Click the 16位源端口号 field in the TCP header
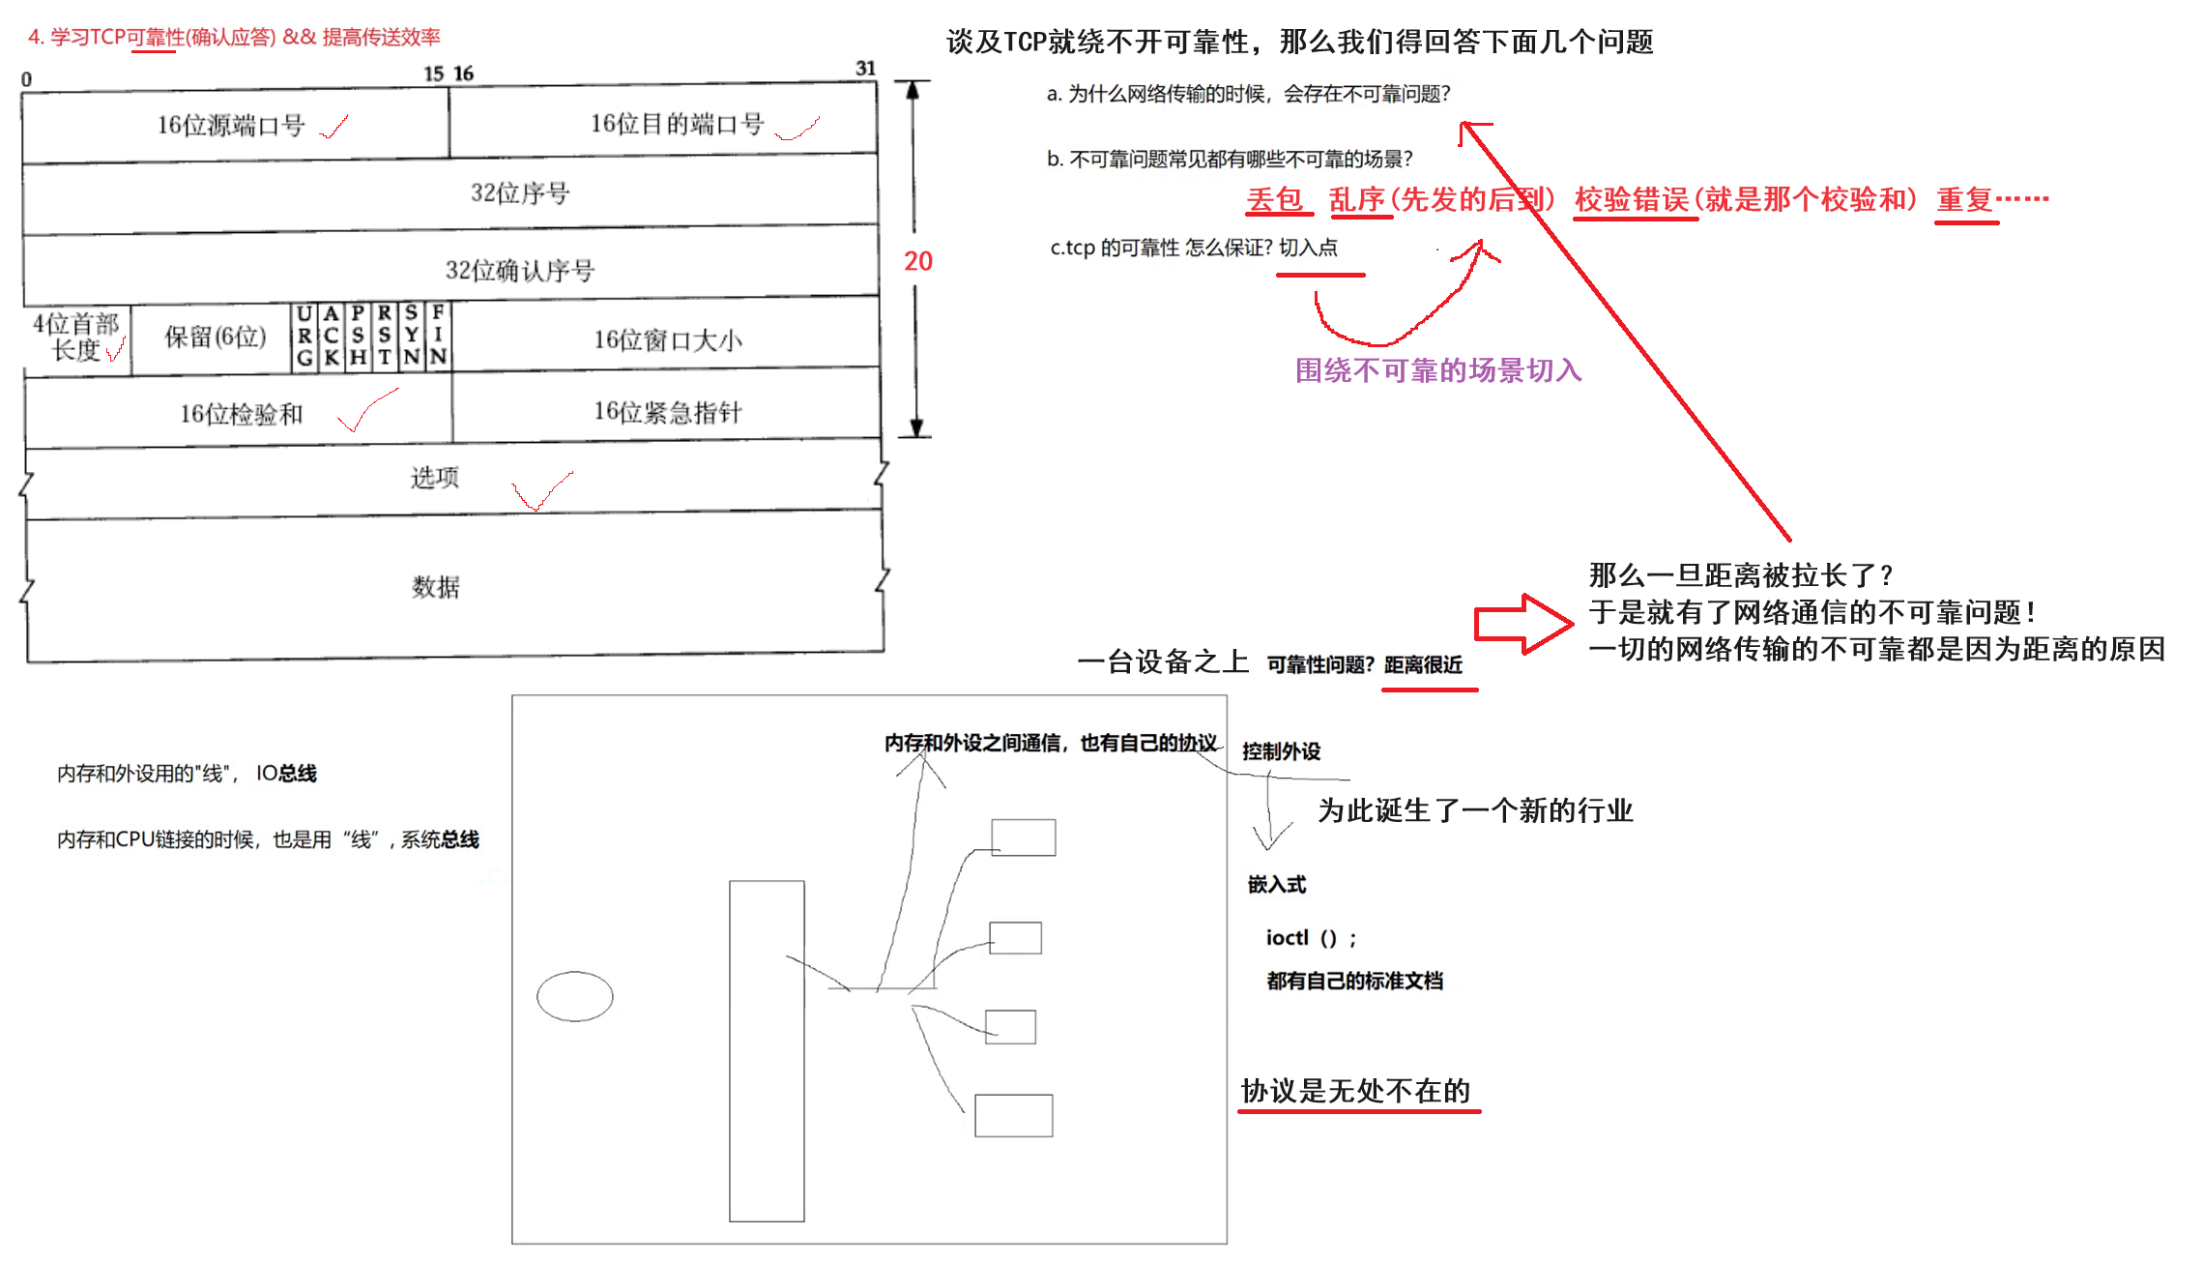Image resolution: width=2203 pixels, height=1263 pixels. tap(231, 126)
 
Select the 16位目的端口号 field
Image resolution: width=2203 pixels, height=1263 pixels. tap(677, 124)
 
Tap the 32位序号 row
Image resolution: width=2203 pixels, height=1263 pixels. tap(520, 193)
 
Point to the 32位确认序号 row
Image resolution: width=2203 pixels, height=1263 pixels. tap(519, 270)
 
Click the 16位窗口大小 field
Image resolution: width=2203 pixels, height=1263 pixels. tap(667, 339)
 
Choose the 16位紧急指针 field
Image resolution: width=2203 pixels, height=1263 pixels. tap(667, 412)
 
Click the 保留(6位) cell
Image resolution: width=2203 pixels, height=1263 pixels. tap(215, 337)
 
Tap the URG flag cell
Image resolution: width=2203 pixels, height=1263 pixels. tap(304, 336)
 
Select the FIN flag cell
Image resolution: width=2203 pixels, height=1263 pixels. tap(438, 335)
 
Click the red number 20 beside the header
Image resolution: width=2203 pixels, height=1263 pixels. tap(917, 261)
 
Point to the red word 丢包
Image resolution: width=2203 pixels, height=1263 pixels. tap(1274, 199)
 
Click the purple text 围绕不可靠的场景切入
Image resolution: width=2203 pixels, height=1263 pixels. tap(1437, 370)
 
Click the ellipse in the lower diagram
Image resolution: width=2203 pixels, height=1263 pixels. tap(574, 996)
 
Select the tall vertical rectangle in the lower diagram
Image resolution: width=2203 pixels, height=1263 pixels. tap(767, 1050)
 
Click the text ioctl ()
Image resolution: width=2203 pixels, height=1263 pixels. tap(1311, 938)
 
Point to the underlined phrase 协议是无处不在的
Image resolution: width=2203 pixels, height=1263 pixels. tap(1355, 1091)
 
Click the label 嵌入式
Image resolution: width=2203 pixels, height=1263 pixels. tap(1276, 884)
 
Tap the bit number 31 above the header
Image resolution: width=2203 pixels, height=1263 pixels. tap(865, 68)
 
